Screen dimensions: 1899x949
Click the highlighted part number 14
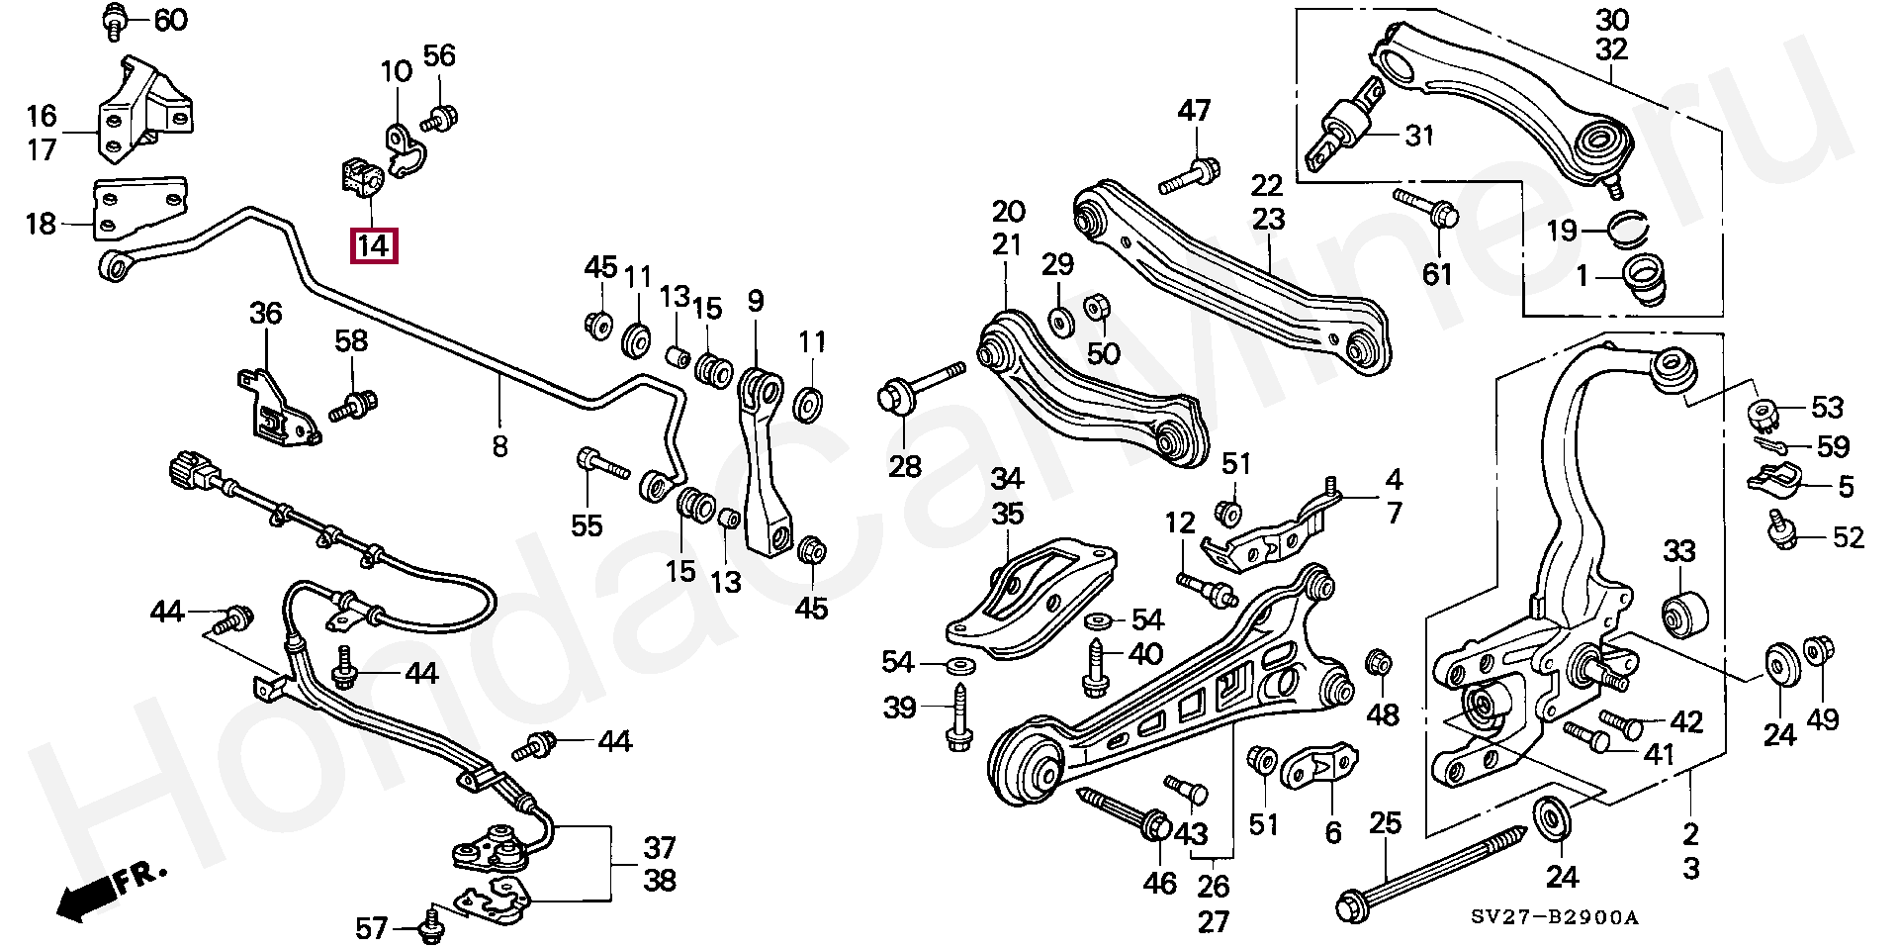[373, 243]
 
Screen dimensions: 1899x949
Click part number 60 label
[171, 19]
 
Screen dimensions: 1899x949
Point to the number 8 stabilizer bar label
[499, 446]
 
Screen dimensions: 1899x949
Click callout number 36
[265, 314]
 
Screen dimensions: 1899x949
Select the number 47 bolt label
[1194, 110]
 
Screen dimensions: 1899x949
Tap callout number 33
[1679, 551]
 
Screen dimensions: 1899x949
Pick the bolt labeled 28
[920, 388]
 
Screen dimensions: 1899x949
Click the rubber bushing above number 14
[361, 177]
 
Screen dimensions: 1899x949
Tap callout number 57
[372, 928]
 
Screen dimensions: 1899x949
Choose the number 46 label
[1160, 883]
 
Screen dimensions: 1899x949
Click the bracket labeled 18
[139, 208]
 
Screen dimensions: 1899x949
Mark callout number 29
[1057, 264]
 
